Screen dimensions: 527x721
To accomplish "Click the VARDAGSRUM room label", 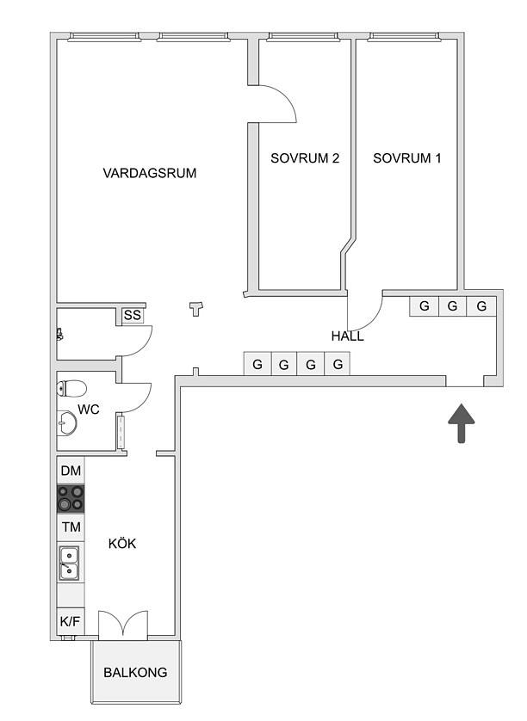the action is (150, 173).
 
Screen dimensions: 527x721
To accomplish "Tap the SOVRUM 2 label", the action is (305, 158).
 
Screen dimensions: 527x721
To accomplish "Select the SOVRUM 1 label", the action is (406, 158).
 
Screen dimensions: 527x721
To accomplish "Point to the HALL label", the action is (348, 336).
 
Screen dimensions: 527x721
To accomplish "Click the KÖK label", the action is (122, 544).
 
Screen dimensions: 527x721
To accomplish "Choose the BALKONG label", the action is (135, 673).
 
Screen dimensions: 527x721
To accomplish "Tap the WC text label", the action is (89, 410).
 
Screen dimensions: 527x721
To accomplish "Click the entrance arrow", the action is (462, 423).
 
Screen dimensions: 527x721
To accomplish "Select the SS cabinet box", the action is (133, 316).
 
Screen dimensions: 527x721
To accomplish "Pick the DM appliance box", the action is (71, 471).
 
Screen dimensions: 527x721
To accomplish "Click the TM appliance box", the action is (71, 527).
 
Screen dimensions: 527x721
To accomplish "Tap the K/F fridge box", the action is (70, 622).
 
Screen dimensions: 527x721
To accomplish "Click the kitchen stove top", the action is (71, 499).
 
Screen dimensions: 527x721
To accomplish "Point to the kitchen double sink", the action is (69, 563).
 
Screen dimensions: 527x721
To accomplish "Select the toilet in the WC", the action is (71, 388).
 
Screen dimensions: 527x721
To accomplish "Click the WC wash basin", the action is (67, 422).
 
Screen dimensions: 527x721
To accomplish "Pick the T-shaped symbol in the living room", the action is (196, 309).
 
